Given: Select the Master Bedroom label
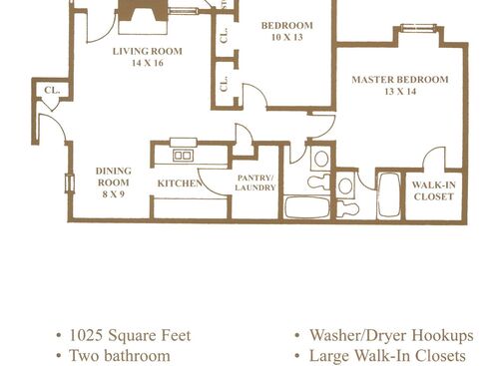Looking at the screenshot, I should coord(399,79).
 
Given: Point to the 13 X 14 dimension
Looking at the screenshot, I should coord(399,91).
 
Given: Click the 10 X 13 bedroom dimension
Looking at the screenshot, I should coord(286,37).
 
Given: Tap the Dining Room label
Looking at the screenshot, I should coord(113,177).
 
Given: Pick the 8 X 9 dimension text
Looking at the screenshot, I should coord(113,193).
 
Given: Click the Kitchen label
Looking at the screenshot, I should coord(180,183).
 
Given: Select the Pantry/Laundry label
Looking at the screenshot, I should coord(255,183).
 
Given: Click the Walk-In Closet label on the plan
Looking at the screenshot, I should coord(433,190).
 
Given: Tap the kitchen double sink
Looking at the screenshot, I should coord(183,155).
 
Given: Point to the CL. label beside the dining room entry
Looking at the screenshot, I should coord(51,91).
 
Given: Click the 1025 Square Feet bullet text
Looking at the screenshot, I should coord(131,335).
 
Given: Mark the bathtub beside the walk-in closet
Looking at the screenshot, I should coord(388,195).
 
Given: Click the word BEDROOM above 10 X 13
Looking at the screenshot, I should coord(286,25).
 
